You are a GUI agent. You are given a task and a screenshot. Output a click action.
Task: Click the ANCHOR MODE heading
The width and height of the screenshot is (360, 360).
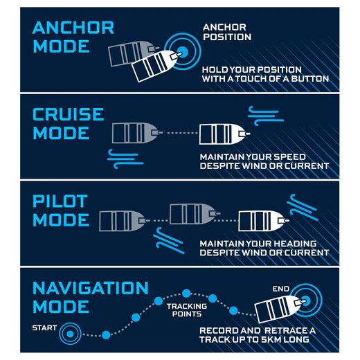click(x=73, y=37)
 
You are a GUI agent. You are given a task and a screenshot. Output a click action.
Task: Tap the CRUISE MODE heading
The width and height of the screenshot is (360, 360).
click(x=69, y=123)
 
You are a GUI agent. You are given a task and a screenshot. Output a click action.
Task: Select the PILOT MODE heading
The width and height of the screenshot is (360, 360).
click(x=61, y=210)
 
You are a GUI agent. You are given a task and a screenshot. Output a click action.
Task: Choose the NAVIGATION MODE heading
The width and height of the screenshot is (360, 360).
click(x=90, y=297)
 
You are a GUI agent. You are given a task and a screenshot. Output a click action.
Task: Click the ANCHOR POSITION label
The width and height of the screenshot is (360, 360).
click(x=227, y=32)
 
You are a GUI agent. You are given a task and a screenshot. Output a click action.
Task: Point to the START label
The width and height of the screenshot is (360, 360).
click(x=44, y=328)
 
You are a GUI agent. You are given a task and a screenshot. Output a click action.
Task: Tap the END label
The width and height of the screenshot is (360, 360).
click(x=281, y=289)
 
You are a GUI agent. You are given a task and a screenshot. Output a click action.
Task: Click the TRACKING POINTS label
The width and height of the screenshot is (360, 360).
click(x=187, y=310)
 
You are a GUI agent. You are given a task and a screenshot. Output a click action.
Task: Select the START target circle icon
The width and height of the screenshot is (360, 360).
click(x=70, y=334)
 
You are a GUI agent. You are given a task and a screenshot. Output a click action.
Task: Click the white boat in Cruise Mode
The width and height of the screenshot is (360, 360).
click(x=224, y=134)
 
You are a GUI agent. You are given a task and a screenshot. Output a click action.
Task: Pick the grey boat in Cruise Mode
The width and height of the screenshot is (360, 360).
click(x=137, y=133)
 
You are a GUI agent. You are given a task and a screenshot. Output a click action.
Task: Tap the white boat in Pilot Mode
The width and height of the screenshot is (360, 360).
click(x=263, y=221)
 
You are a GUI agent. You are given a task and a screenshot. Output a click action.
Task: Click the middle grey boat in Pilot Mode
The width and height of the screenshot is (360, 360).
click(x=195, y=214)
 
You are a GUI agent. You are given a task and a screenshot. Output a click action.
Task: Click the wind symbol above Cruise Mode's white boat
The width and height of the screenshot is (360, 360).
click(x=266, y=116)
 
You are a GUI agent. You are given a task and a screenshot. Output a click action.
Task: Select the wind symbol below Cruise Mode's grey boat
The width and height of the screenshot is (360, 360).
click(x=125, y=159)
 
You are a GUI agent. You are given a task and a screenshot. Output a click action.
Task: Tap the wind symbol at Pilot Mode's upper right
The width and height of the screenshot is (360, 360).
click(x=303, y=208)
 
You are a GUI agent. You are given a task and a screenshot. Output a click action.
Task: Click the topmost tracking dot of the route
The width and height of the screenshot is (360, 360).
click(x=186, y=294)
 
